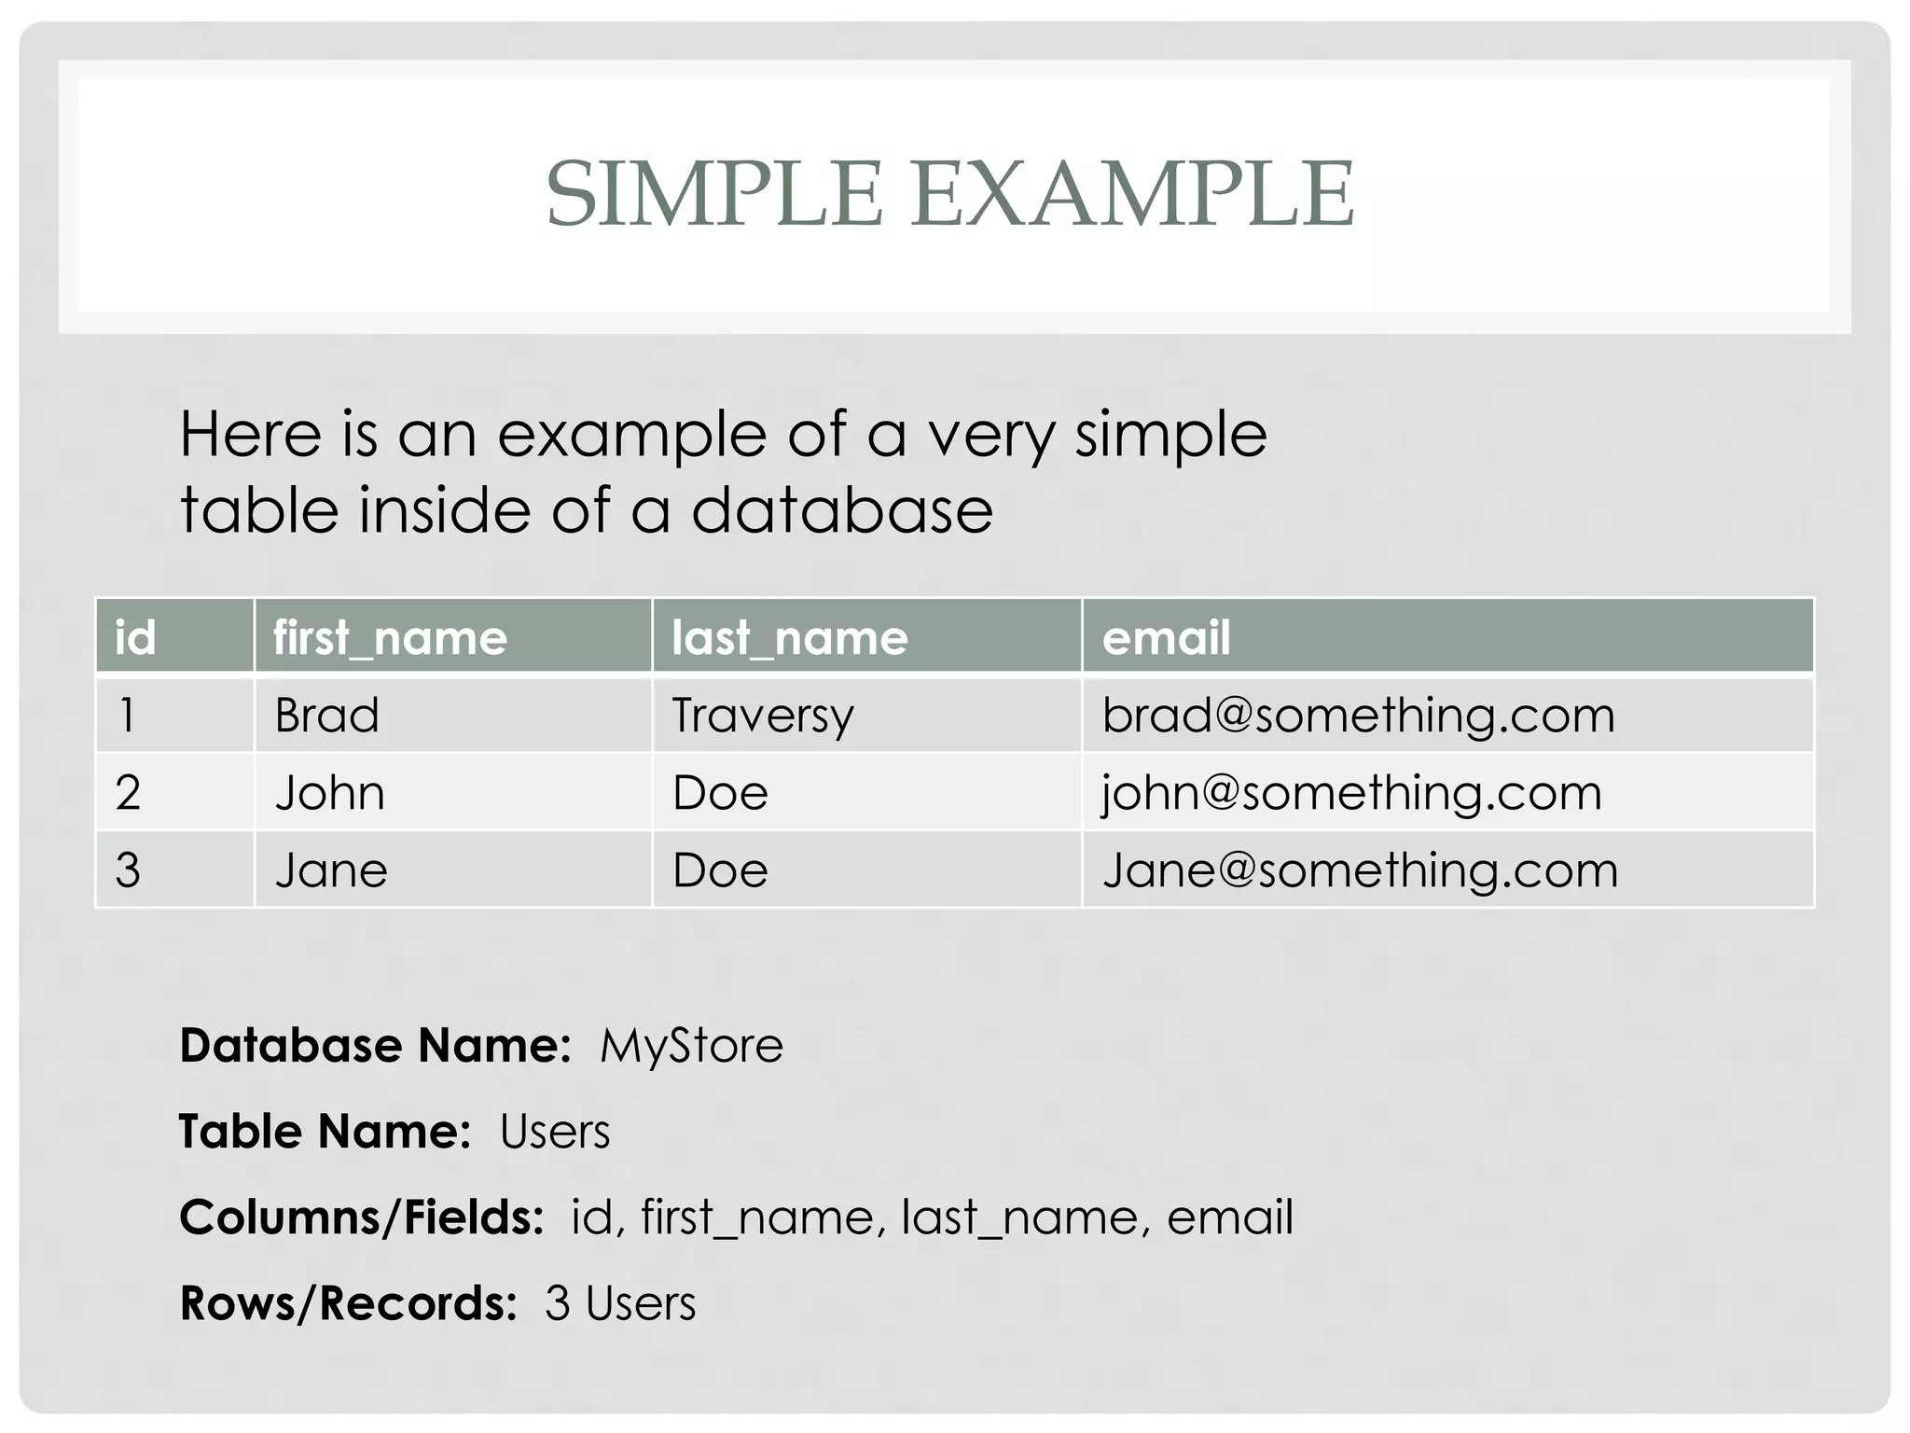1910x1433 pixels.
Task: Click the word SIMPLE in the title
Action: tap(713, 194)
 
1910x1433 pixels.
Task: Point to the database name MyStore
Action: tap(691, 1046)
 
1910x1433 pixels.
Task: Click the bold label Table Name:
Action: tap(325, 1132)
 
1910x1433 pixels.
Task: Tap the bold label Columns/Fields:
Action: tap(362, 1217)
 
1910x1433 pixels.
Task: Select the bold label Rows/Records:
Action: tap(348, 1303)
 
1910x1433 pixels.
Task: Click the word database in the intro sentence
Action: tap(842, 510)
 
